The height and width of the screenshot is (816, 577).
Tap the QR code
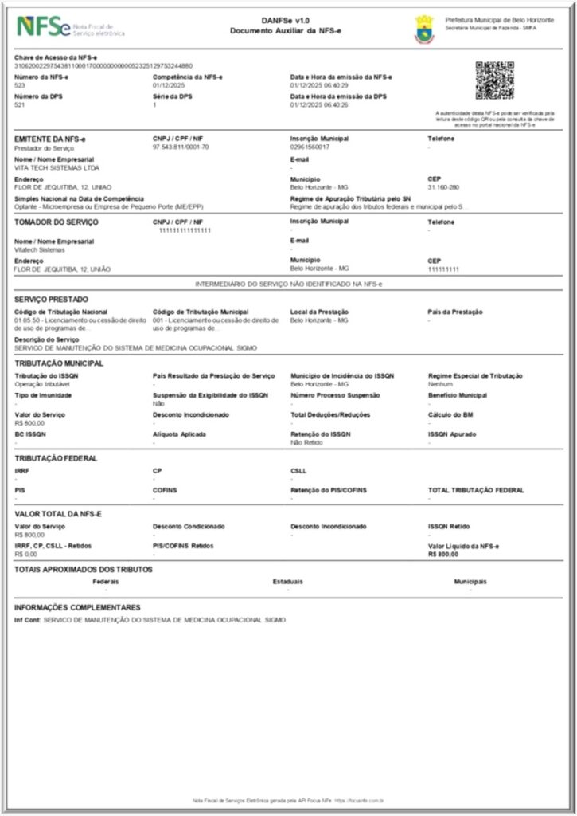point(494,80)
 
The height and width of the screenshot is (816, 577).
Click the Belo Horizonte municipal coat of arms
point(424,29)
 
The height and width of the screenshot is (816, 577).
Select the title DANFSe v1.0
point(286,21)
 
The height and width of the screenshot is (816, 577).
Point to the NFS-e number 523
point(20,84)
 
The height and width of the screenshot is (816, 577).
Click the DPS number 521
point(20,104)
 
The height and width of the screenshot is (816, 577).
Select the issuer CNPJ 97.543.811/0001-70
point(181,147)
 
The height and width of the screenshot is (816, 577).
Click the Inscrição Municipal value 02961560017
point(310,147)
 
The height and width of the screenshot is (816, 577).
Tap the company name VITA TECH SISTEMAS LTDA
point(46,167)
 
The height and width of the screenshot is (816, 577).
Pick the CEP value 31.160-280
point(443,187)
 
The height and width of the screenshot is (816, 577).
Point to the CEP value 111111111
point(443,269)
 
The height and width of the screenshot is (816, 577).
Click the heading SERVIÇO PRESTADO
point(48,300)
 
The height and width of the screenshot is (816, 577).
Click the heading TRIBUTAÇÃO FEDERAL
point(56,458)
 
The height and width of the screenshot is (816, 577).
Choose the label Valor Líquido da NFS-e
point(463,546)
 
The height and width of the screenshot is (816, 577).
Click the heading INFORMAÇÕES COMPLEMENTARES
point(77,607)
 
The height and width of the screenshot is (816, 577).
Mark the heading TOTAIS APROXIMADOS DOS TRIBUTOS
point(84,569)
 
